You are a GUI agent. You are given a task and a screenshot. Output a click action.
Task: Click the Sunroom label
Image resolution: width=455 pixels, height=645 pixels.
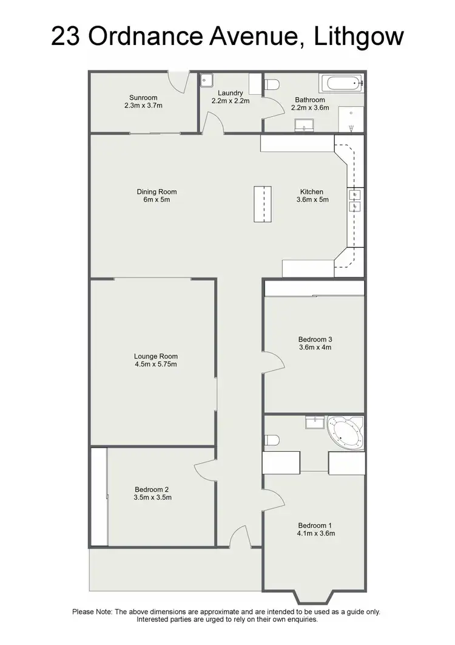tap(143, 97)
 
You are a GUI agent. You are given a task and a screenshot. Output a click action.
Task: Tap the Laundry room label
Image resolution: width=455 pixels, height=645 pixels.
tap(231, 93)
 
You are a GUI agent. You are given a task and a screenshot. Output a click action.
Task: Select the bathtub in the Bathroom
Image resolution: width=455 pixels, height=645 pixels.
tap(341, 83)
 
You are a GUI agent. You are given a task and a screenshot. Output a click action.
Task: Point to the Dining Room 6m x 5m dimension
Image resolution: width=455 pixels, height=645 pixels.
tap(157, 199)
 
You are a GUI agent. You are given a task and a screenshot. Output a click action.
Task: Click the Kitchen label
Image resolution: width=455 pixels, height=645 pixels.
tap(312, 192)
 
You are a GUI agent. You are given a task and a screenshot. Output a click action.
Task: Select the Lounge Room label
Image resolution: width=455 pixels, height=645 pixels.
tap(156, 357)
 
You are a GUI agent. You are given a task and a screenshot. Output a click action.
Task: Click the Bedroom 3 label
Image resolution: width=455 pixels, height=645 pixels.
tap(315, 340)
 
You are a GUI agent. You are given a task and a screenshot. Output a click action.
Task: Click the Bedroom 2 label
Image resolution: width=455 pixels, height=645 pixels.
tap(152, 490)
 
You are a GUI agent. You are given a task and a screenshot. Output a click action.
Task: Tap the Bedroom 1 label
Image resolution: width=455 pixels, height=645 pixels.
tap(315, 525)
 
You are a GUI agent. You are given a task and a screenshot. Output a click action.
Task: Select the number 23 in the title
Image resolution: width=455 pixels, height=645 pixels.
tap(66, 36)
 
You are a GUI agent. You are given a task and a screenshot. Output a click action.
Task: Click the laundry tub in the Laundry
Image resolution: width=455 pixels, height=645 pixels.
tap(207, 80)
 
